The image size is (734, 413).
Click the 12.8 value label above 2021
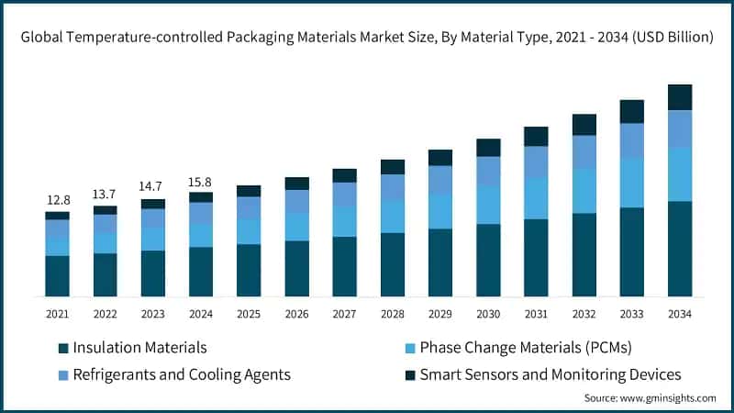(58, 201)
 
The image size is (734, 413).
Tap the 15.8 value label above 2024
(201, 182)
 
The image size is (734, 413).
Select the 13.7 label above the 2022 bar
(106, 195)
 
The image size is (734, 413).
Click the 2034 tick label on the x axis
(679, 314)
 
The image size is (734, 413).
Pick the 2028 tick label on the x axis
(393, 314)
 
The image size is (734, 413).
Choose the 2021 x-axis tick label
(58, 314)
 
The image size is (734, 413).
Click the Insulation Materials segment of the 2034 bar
(679, 249)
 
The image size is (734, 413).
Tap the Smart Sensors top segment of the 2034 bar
(679, 97)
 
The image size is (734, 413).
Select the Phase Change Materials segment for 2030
(488, 205)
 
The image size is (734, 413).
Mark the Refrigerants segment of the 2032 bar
(584, 152)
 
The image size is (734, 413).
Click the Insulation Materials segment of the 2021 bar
(58, 275)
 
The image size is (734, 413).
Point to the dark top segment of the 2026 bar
(296, 184)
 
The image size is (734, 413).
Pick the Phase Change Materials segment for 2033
(631, 183)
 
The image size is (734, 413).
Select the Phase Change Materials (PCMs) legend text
(526, 348)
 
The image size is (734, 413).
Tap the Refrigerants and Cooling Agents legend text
(182, 374)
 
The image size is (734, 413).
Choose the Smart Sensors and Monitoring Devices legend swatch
(410, 374)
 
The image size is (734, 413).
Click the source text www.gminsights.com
(666, 398)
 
